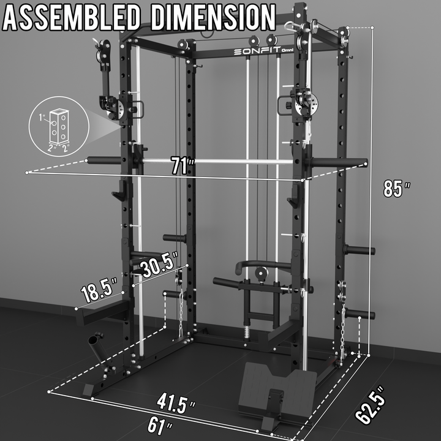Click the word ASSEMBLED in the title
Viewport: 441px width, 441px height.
tap(72, 17)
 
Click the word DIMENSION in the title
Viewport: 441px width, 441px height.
tap(213, 17)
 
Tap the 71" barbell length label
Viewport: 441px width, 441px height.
tap(183, 166)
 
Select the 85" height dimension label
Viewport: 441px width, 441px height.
tap(396, 188)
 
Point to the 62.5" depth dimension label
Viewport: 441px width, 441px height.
tap(371, 405)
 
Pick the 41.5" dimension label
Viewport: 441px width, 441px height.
tap(176, 403)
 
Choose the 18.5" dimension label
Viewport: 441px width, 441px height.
tap(99, 290)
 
